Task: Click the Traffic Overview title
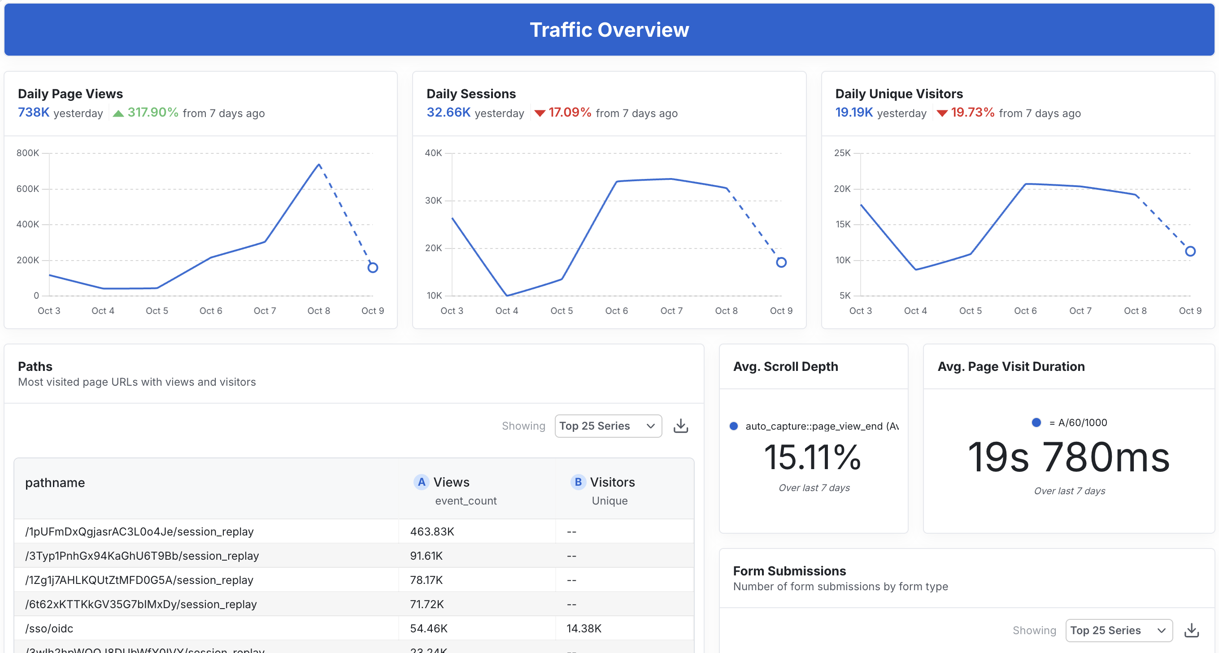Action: pyautogui.click(x=609, y=30)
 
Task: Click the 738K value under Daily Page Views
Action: pyautogui.click(x=34, y=113)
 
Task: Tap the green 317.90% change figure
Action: pyautogui.click(x=152, y=113)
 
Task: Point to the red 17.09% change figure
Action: pyautogui.click(x=569, y=113)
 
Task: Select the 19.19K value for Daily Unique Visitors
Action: pyautogui.click(x=853, y=113)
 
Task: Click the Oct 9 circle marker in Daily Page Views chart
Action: pyautogui.click(x=373, y=268)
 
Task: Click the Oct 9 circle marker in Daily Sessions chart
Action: pyautogui.click(x=781, y=262)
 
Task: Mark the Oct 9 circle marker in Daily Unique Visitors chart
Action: pyautogui.click(x=1190, y=251)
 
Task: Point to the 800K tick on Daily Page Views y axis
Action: pyautogui.click(x=28, y=153)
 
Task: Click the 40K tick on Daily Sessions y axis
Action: pyautogui.click(x=433, y=153)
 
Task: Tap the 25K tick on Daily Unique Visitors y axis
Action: pyautogui.click(x=842, y=153)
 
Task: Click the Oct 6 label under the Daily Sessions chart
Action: pyautogui.click(x=616, y=311)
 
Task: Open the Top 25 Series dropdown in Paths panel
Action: pyautogui.click(x=608, y=426)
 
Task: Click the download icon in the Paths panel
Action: pyautogui.click(x=680, y=426)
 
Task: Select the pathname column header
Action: pyautogui.click(x=55, y=483)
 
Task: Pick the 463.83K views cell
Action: pyautogui.click(x=432, y=531)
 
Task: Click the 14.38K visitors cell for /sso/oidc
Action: pyautogui.click(x=584, y=628)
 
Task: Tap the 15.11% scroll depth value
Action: pyautogui.click(x=813, y=457)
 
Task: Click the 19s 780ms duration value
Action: pyautogui.click(x=1068, y=457)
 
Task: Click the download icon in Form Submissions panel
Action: pyautogui.click(x=1191, y=630)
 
